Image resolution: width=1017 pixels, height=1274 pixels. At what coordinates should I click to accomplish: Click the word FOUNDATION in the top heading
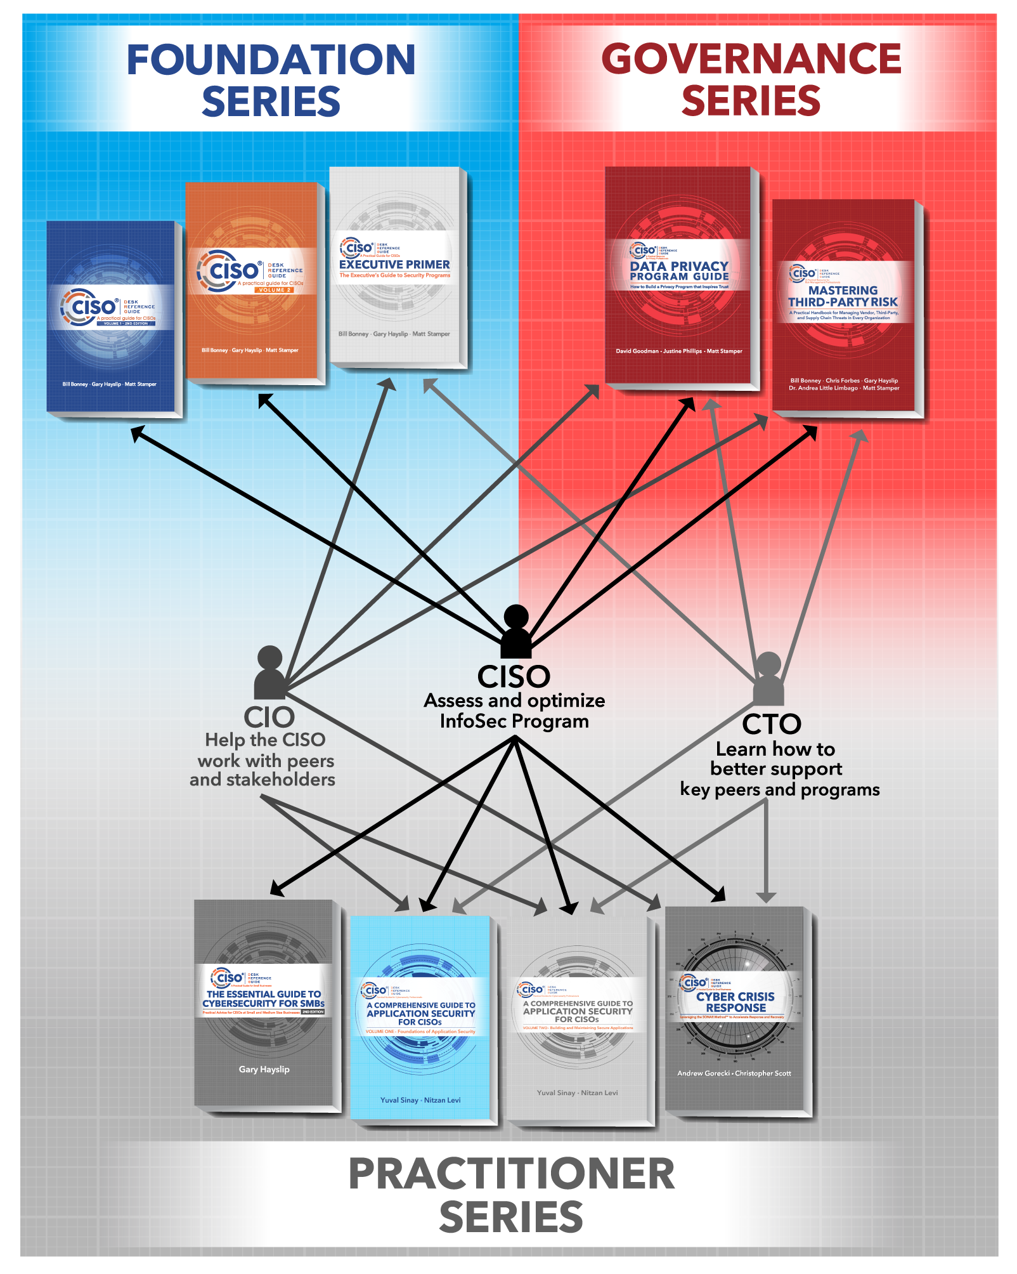(x=271, y=60)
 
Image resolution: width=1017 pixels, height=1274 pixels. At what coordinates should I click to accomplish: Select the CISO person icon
(x=516, y=632)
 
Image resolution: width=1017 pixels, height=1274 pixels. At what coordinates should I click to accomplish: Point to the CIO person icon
(x=270, y=673)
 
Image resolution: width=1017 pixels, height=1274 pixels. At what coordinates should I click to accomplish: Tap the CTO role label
(x=772, y=724)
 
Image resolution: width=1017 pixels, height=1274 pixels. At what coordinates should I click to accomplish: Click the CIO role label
(x=269, y=718)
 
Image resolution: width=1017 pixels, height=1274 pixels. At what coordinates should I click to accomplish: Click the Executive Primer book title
(x=394, y=265)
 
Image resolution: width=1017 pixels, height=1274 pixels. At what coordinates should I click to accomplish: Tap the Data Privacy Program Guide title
(x=679, y=271)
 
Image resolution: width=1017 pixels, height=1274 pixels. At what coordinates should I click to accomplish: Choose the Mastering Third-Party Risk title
(x=843, y=296)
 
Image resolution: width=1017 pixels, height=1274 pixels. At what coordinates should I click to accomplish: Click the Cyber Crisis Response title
(x=735, y=1002)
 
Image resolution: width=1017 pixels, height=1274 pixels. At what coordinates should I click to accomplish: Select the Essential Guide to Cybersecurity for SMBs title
(x=263, y=999)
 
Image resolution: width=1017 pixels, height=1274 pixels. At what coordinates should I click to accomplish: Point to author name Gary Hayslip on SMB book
(x=264, y=1069)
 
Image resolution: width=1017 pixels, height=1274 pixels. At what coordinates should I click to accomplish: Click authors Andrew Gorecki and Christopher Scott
(x=734, y=1074)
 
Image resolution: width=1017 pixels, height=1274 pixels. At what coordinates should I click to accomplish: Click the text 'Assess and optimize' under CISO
(x=514, y=700)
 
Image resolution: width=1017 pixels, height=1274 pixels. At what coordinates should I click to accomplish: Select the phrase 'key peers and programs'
(x=780, y=789)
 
